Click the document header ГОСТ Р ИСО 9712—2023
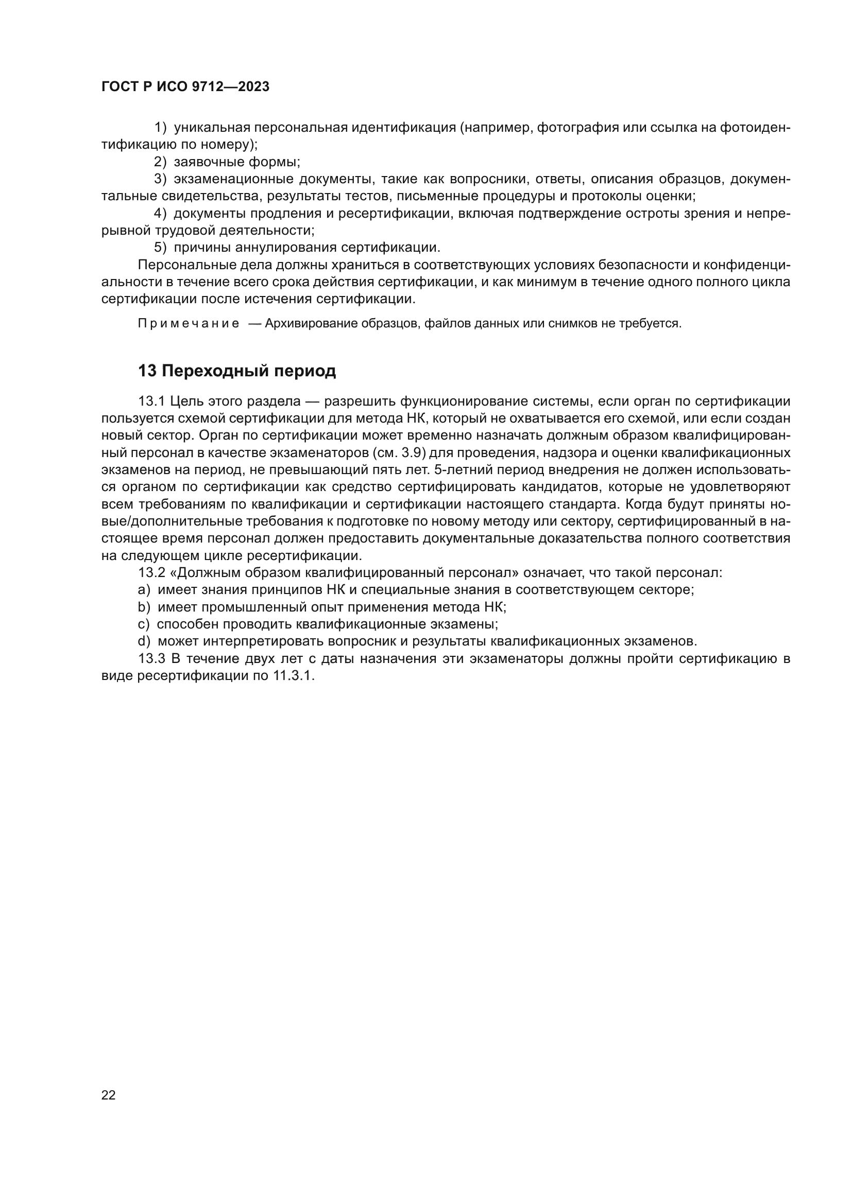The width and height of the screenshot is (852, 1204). point(185,87)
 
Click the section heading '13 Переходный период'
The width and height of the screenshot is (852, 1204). point(236,371)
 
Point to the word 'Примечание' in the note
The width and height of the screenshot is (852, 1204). point(189,324)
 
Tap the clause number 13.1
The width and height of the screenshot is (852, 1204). point(151,401)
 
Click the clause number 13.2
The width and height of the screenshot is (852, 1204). point(151,572)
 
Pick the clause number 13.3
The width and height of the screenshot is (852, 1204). point(151,659)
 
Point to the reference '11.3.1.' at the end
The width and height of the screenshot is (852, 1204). point(293,676)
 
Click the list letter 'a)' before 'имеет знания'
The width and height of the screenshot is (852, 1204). point(144,590)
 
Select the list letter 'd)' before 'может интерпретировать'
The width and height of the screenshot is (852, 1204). point(144,641)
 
